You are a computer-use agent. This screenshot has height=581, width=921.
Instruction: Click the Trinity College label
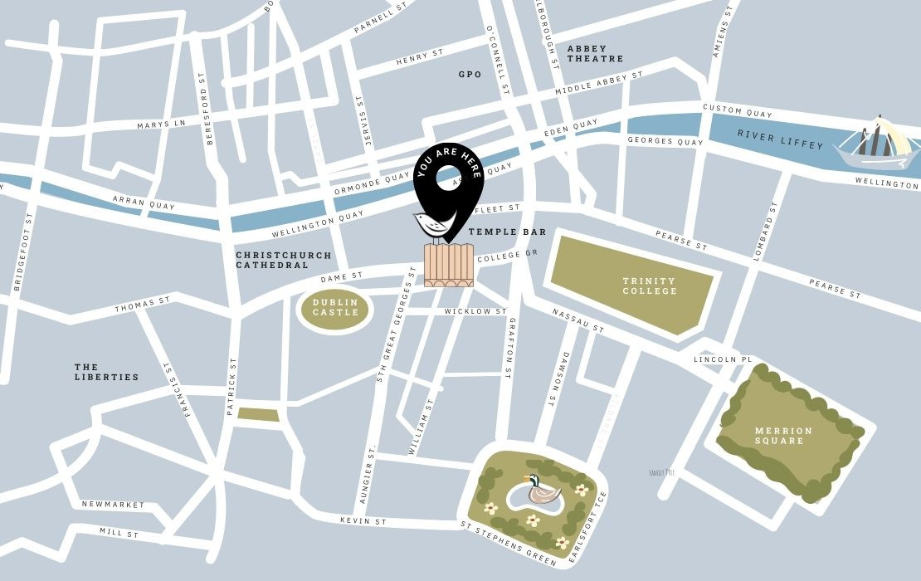(x=650, y=286)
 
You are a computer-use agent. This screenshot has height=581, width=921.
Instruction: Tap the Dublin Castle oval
(x=335, y=308)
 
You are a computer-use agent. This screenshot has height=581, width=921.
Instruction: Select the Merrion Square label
(x=783, y=436)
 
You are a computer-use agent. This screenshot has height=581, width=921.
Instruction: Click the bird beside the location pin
(x=430, y=224)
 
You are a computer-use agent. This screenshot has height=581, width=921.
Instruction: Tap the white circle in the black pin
(x=448, y=177)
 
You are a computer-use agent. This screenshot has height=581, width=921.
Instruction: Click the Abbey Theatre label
(x=594, y=54)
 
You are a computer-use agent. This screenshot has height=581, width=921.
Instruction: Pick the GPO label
(x=470, y=75)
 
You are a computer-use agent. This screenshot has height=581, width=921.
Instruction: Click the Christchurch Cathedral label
(x=283, y=261)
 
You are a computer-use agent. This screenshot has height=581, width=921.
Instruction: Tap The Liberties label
(x=106, y=372)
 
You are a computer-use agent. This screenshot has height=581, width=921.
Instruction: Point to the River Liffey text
(x=780, y=139)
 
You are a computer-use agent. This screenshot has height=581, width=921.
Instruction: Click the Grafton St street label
(x=512, y=348)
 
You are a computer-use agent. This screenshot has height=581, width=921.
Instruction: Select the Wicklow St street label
(x=475, y=312)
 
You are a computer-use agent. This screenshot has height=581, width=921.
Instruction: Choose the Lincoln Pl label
(x=722, y=359)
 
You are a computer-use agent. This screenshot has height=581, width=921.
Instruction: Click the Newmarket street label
(x=113, y=505)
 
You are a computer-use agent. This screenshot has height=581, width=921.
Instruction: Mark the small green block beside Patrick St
(x=258, y=415)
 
